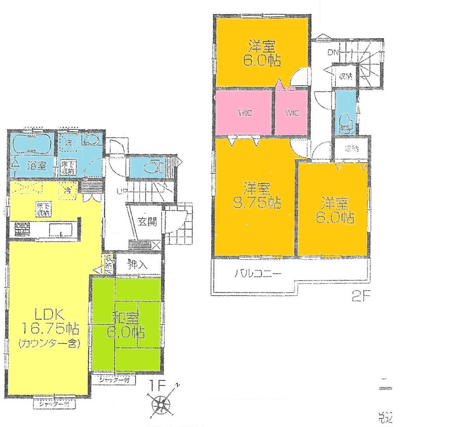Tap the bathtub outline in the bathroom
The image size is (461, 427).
pos(31,145)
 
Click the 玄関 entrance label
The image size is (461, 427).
pos(147,221)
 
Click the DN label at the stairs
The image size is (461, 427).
pos(333,53)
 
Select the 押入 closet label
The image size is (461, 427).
pos(137,265)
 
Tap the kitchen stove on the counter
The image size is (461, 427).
pos(21,228)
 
